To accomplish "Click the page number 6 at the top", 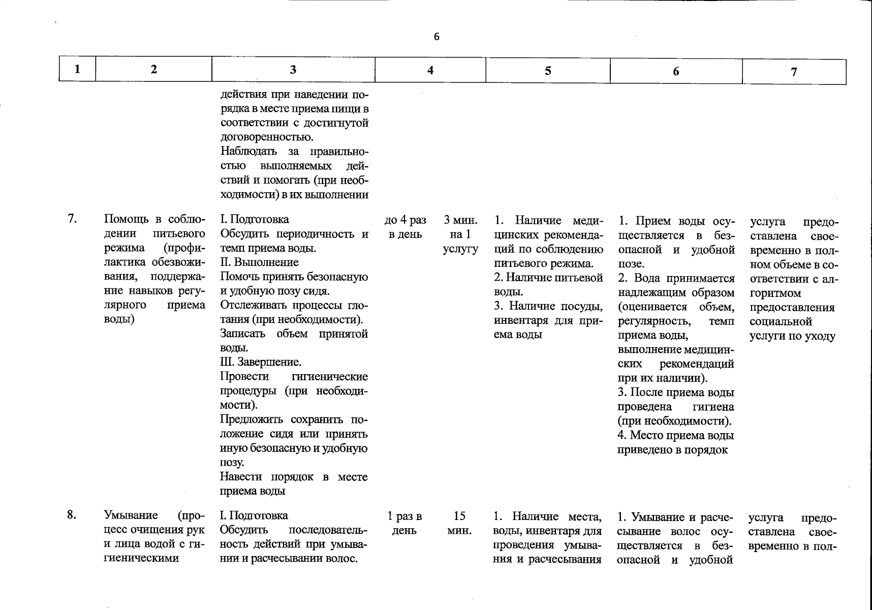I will [x=437, y=37].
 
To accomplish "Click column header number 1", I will [x=77, y=69].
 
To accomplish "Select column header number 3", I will [x=293, y=70].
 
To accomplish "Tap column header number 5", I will [x=548, y=71].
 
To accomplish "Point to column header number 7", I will [x=794, y=72].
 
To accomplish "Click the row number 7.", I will [x=73, y=219].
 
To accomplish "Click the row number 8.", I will [x=72, y=515].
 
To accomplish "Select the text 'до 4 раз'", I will [x=406, y=220].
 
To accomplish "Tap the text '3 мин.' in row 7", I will [x=460, y=220].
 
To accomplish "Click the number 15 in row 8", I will [x=459, y=516].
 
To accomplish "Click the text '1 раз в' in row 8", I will [x=404, y=516].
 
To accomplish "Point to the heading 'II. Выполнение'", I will [x=259, y=262].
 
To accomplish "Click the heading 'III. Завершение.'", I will [x=261, y=362].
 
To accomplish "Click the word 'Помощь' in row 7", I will [x=124, y=219].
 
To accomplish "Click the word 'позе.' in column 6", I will [x=631, y=264].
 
